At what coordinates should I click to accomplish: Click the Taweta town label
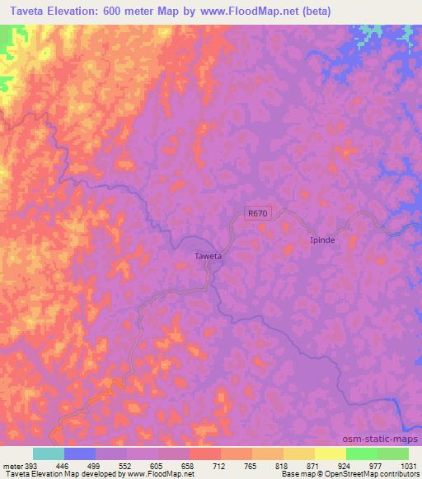pyautogui.click(x=208, y=256)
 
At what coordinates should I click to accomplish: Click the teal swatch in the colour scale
pyautogui.click(x=49, y=453)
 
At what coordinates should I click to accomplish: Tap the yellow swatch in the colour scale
pyautogui.click(x=330, y=453)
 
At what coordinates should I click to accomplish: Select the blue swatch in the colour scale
pyautogui.click(x=80, y=453)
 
